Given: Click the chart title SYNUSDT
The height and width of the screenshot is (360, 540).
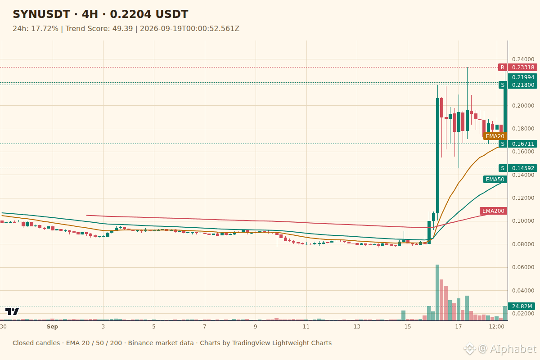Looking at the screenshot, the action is pos(41,14).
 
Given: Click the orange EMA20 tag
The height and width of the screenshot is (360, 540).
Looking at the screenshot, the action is pos(495,136).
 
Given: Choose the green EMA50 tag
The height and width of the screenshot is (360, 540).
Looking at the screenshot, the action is pos(495,180).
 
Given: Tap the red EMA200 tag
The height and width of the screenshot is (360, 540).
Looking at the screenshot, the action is pos(493,211).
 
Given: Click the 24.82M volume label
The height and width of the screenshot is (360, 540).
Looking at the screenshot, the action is pos(522,306).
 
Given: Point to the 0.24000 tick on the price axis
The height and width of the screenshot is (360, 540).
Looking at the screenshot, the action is pos(523,59).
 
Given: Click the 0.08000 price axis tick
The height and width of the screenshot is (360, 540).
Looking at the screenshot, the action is pos(523,244).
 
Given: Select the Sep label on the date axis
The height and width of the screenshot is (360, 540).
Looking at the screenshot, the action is pos(52,327).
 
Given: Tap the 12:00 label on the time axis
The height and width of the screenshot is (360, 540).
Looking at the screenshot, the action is pos(496,327).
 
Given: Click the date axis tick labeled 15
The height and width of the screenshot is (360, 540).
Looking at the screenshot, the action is pos(408,327).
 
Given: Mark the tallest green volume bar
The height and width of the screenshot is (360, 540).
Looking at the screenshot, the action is pos(437,292).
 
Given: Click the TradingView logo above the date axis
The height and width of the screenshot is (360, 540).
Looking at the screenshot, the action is pos(12,311).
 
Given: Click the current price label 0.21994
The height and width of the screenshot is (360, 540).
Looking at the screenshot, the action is pos(522,77).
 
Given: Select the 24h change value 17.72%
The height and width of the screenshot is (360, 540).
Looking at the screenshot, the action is pos(45,29).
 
